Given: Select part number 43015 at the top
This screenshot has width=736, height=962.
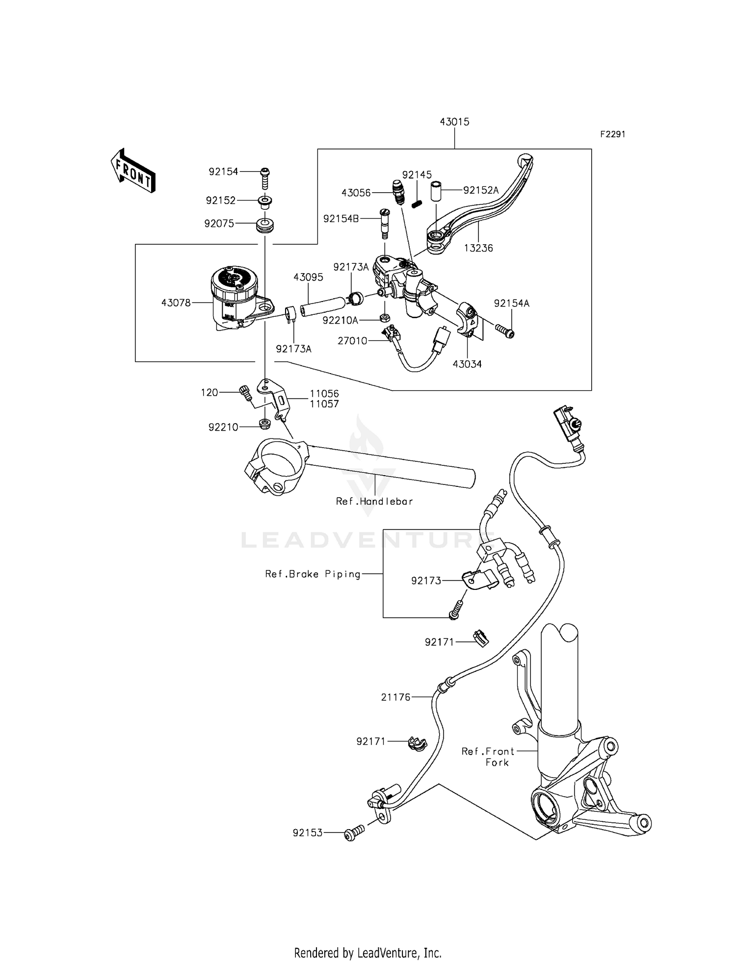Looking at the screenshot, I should click(454, 122).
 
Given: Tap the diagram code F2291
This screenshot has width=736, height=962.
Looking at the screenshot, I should click(612, 134).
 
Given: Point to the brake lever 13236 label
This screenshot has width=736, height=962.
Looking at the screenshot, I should click(478, 248).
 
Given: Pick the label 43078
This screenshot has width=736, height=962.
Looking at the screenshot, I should click(176, 303).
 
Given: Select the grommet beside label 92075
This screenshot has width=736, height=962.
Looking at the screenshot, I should click(265, 228).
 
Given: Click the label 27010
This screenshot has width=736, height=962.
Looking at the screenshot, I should click(352, 341).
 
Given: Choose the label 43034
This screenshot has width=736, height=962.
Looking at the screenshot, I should click(467, 364).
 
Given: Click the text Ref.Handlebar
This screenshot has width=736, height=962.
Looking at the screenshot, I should click(374, 502).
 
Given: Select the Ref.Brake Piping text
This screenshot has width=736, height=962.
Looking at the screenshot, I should click(313, 574).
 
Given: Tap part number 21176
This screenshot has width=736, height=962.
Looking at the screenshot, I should click(395, 697).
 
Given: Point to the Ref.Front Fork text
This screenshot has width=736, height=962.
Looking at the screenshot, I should click(488, 757).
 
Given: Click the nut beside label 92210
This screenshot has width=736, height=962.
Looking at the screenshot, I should click(264, 424).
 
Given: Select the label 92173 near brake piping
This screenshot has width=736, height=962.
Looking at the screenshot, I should click(426, 581).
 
